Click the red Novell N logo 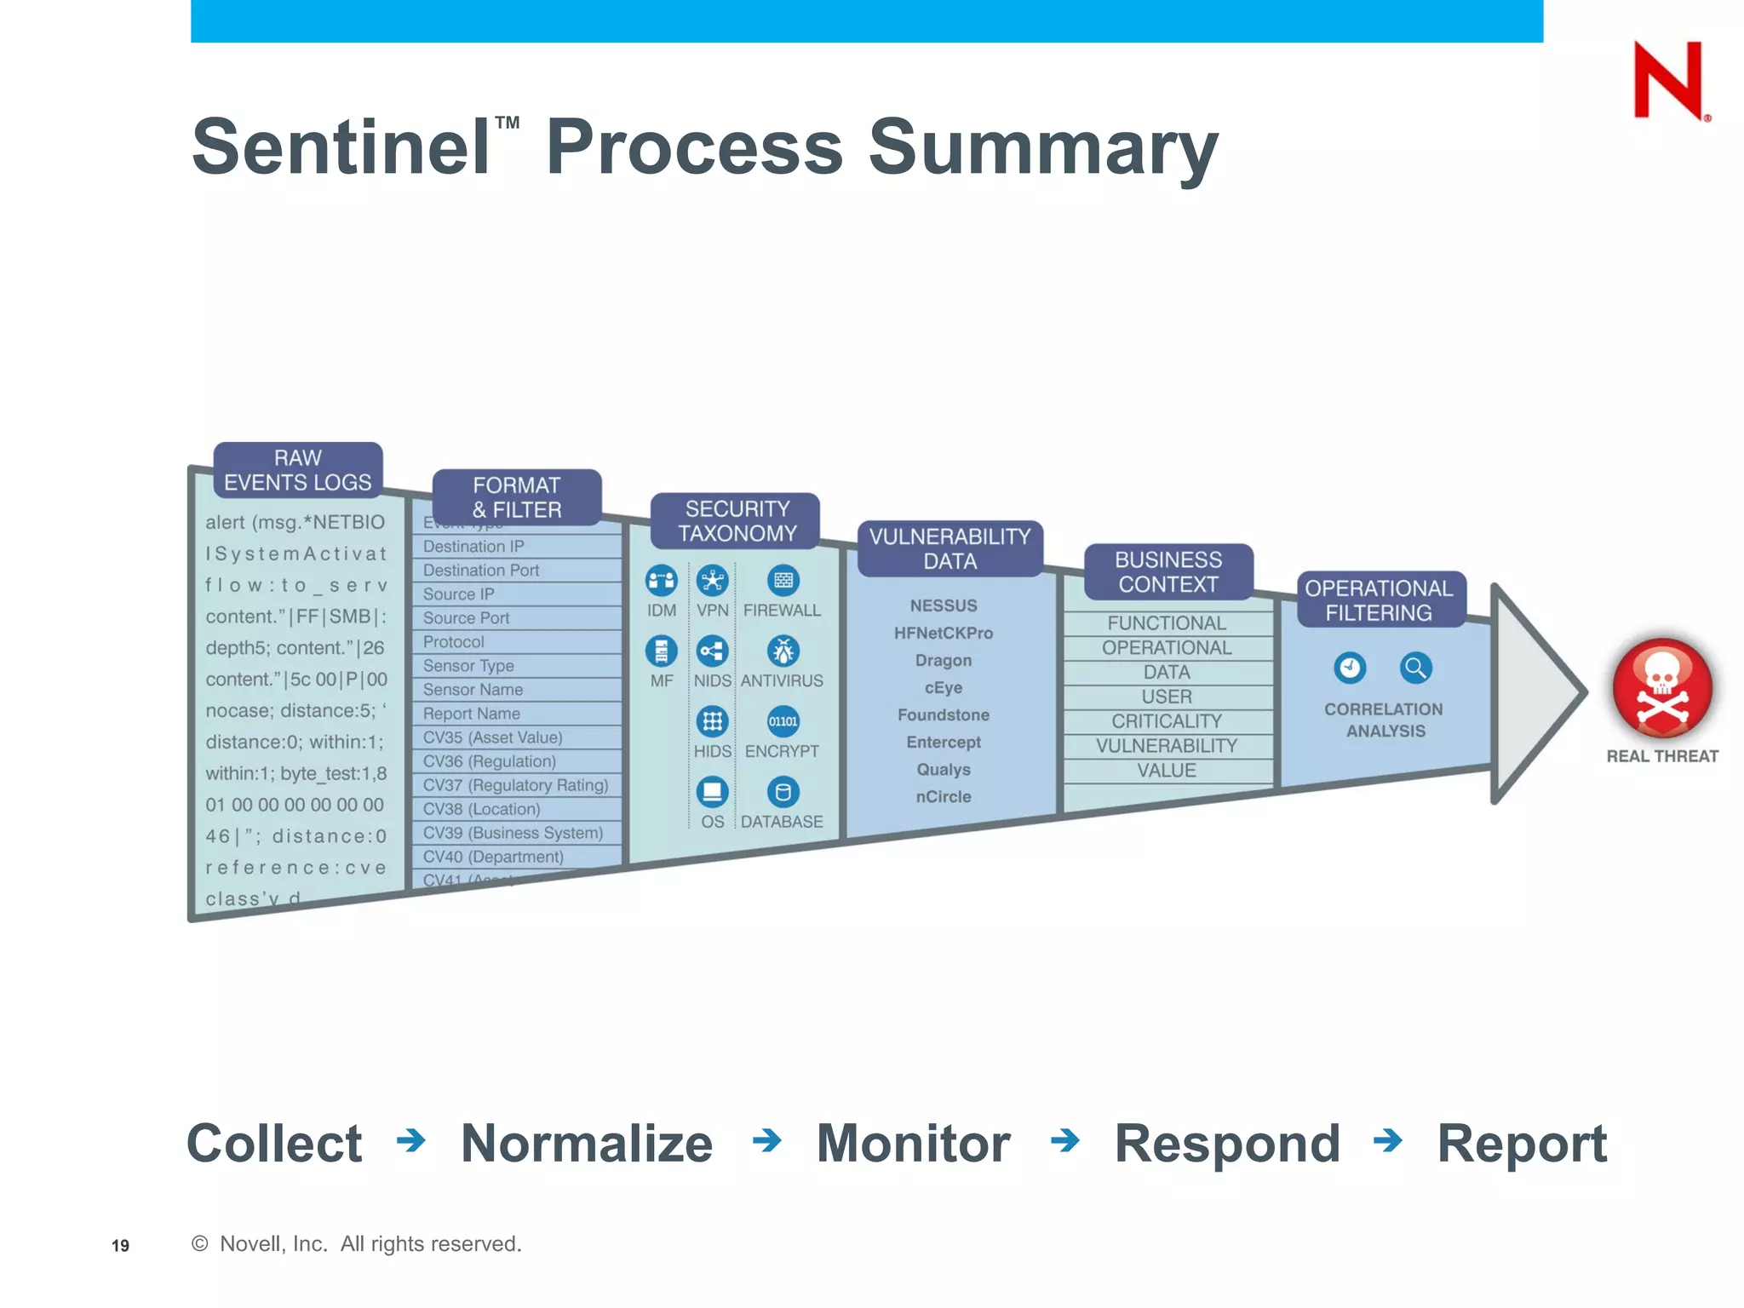(1668, 81)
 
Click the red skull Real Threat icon (1661, 687)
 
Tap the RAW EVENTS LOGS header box (297, 470)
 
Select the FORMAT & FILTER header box (517, 497)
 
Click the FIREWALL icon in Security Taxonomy (783, 581)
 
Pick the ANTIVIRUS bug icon (783, 651)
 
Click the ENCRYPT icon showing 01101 (783, 721)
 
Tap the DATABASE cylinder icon (783, 793)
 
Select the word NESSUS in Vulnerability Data (944, 605)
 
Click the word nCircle (944, 796)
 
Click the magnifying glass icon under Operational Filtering (1415, 668)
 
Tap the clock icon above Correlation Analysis (1350, 668)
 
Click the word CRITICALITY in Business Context (1167, 721)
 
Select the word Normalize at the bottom (586, 1143)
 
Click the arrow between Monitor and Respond (1064, 1139)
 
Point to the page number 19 (120, 1246)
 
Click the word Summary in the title (1042, 147)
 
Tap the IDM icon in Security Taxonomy (661, 581)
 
